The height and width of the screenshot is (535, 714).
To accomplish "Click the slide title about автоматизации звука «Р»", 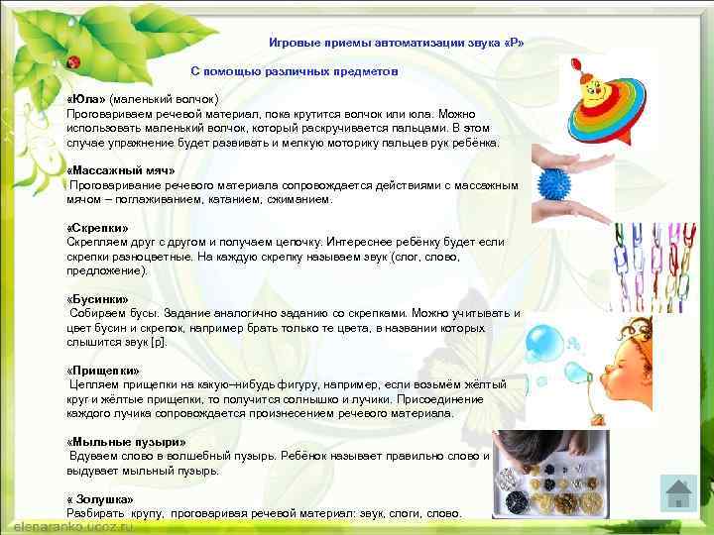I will click(x=397, y=44).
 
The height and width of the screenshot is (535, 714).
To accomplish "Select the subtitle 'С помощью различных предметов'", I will click(x=295, y=72).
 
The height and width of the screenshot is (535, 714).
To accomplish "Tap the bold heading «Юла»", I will click(x=86, y=100).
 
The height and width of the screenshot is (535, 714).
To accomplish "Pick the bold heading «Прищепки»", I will click(x=102, y=371).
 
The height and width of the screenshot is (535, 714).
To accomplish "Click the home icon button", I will click(x=678, y=494).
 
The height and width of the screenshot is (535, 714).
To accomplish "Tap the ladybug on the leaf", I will click(x=72, y=62).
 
